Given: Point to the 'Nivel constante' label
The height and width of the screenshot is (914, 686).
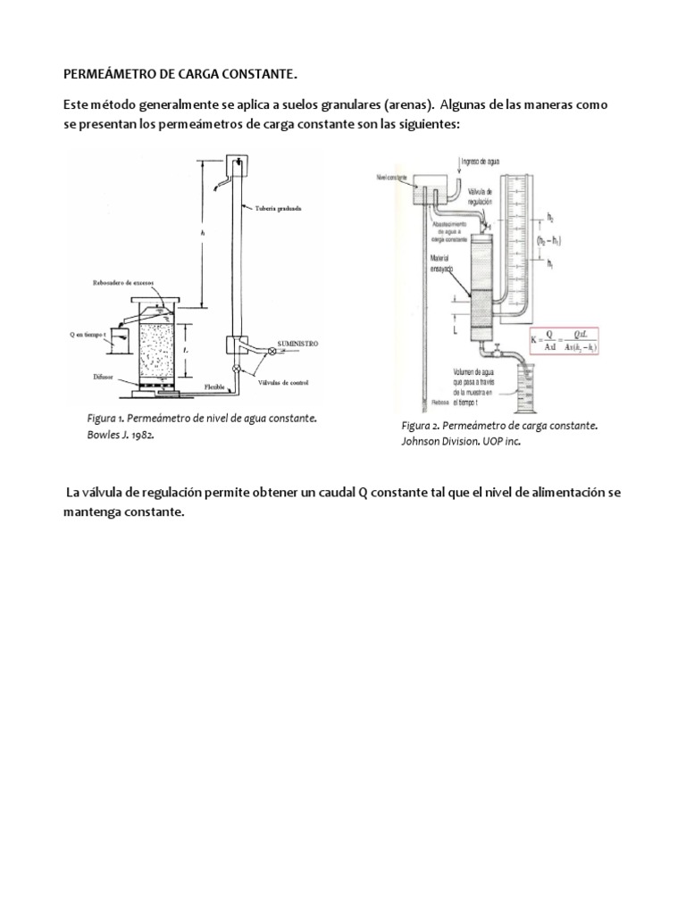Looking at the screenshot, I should click(392, 178).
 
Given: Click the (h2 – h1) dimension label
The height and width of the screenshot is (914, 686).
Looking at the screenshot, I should click(556, 240).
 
